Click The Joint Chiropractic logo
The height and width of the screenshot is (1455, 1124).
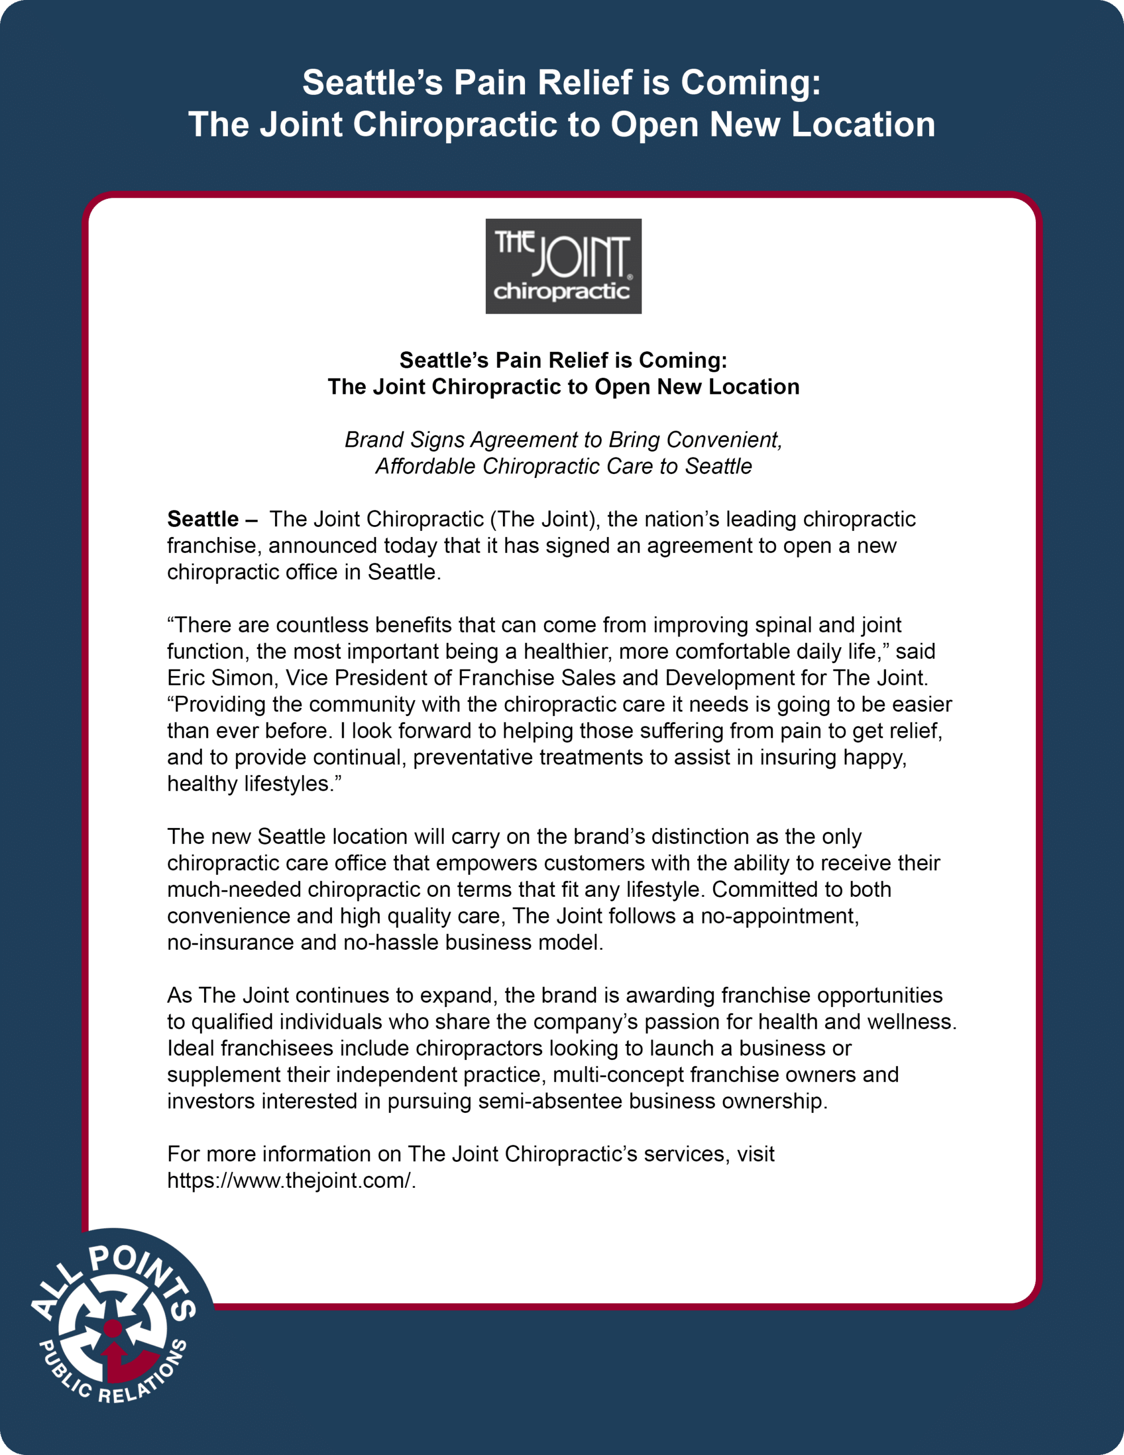click(563, 266)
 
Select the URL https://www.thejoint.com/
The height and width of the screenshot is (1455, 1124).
click(290, 1180)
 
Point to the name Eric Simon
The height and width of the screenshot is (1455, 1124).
click(223, 677)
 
